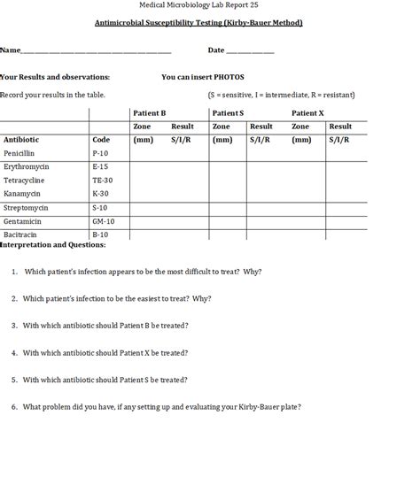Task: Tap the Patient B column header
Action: (x=149, y=113)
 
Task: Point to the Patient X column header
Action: (x=307, y=113)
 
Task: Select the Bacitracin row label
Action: (x=20, y=234)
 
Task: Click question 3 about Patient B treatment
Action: (x=105, y=326)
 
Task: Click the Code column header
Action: (x=101, y=139)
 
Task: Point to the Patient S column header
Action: (x=228, y=113)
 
